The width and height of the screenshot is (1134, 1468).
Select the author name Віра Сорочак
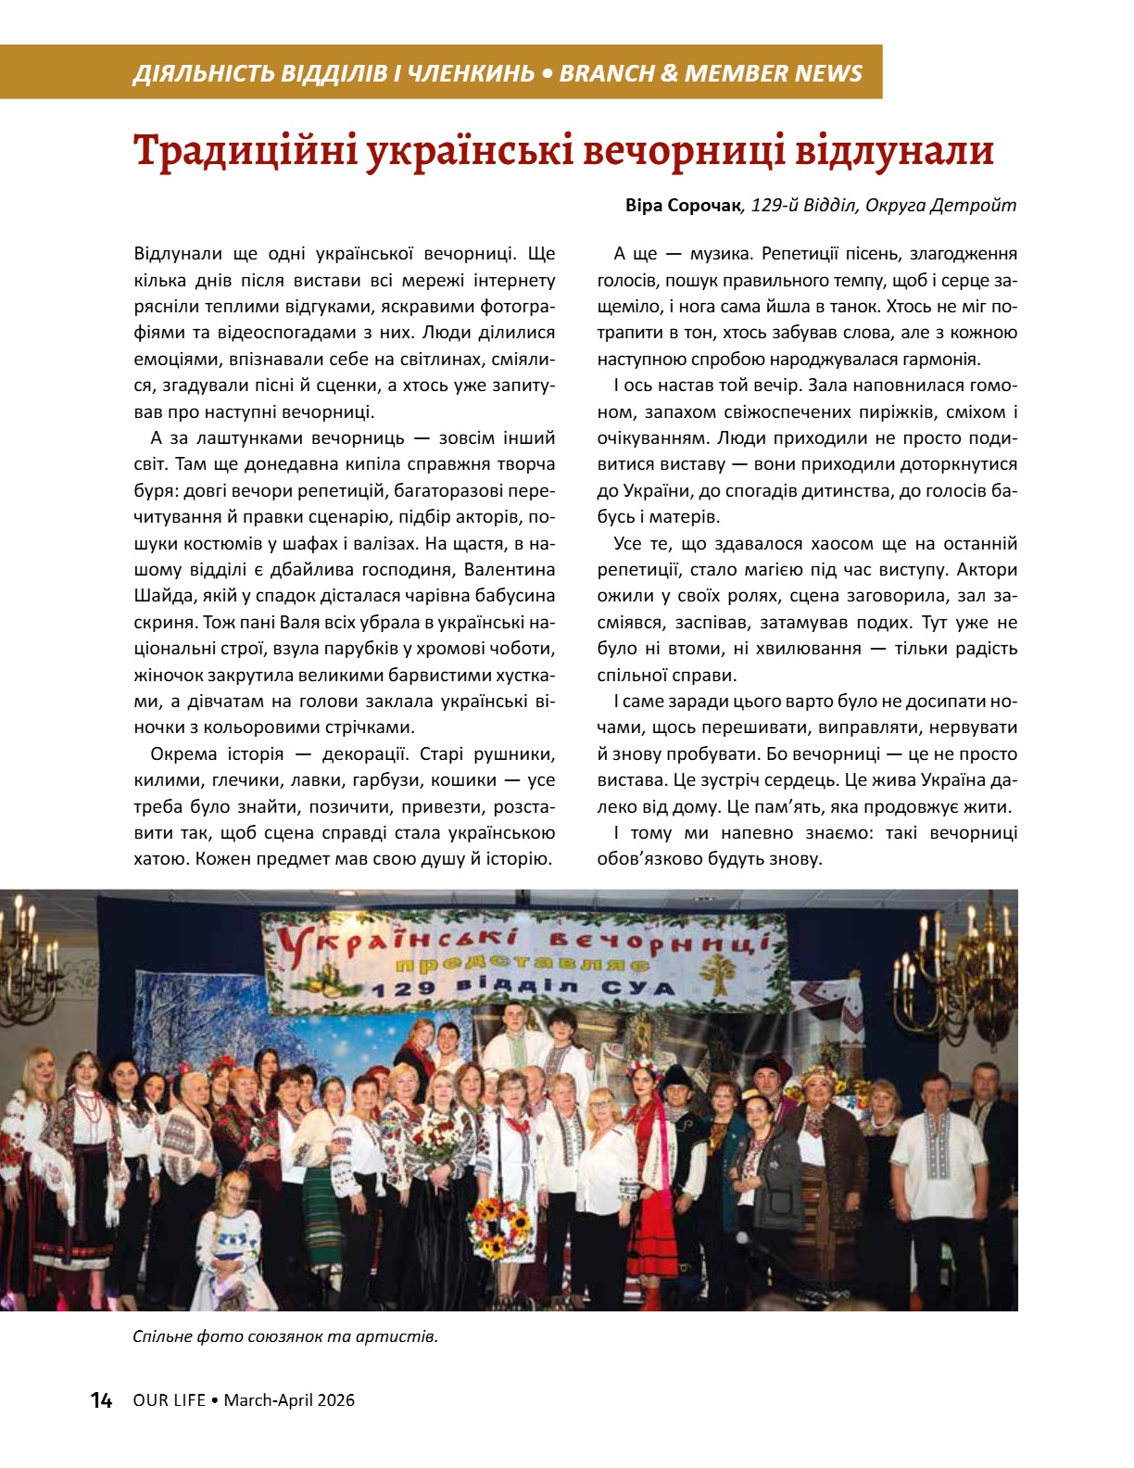[x=684, y=206]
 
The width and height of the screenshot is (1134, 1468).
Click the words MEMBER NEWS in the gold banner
[x=775, y=73]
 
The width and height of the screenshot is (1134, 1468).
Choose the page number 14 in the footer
[x=101, y=1400]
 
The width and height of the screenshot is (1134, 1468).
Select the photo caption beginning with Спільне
[x=284, y=1336]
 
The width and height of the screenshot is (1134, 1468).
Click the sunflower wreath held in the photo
[x=502, y=1227]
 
